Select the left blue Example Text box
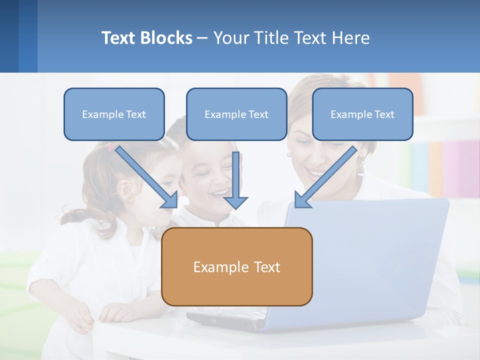114,114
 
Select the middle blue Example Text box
236,114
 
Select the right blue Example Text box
362,114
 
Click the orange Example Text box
236,267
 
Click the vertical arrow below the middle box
236,175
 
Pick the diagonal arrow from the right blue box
327,175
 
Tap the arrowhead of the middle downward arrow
236,202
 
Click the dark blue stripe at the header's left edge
9,36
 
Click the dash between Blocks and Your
202,38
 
